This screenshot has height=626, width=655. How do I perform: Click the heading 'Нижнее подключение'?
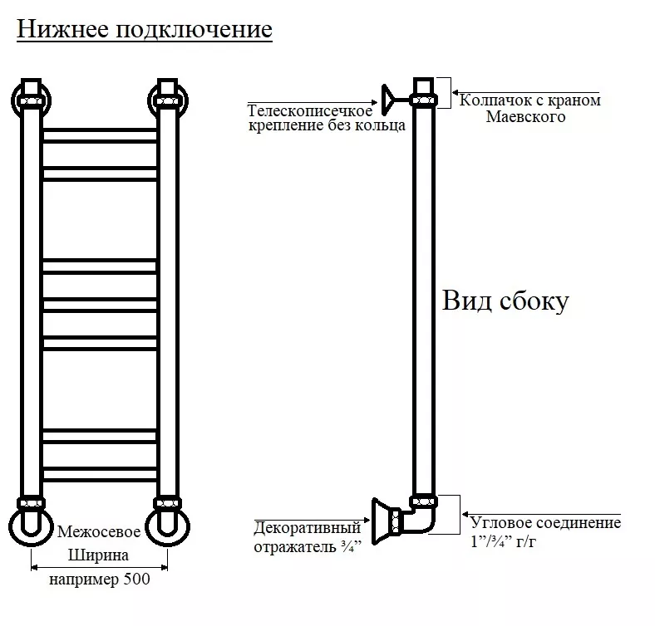click(x=144, y=31)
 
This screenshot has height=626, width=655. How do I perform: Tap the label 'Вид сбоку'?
click(x=505, y=301)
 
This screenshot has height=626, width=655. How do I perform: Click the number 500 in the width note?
click(x=136, y=580)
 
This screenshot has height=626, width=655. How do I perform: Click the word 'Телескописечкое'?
click(x=309, y=111)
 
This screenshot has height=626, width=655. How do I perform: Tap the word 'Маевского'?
click(x=525, y=117)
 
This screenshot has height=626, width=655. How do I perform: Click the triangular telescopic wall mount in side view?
click(x=388, y=100)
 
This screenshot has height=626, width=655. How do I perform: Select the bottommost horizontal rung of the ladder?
click(x=100, y=475)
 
